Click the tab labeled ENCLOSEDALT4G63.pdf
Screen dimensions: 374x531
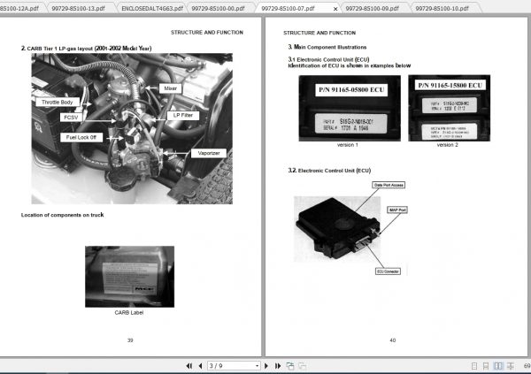click(x=153, y=7)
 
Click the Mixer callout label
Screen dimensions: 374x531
click(x=171, y=88)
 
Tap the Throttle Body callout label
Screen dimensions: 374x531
click(x=58, y=103)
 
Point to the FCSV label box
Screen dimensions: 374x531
click(x=70, y=117)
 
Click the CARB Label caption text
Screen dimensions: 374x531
click(x=128, y=311)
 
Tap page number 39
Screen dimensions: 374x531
click(x=130, y=340)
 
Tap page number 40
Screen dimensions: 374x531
click(x=392, y=340)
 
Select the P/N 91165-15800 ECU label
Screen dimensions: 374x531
click(x=452, y=85)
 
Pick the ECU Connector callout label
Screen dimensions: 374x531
click(x=390, y=271)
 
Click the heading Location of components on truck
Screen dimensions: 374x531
click(x=63, y=215)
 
